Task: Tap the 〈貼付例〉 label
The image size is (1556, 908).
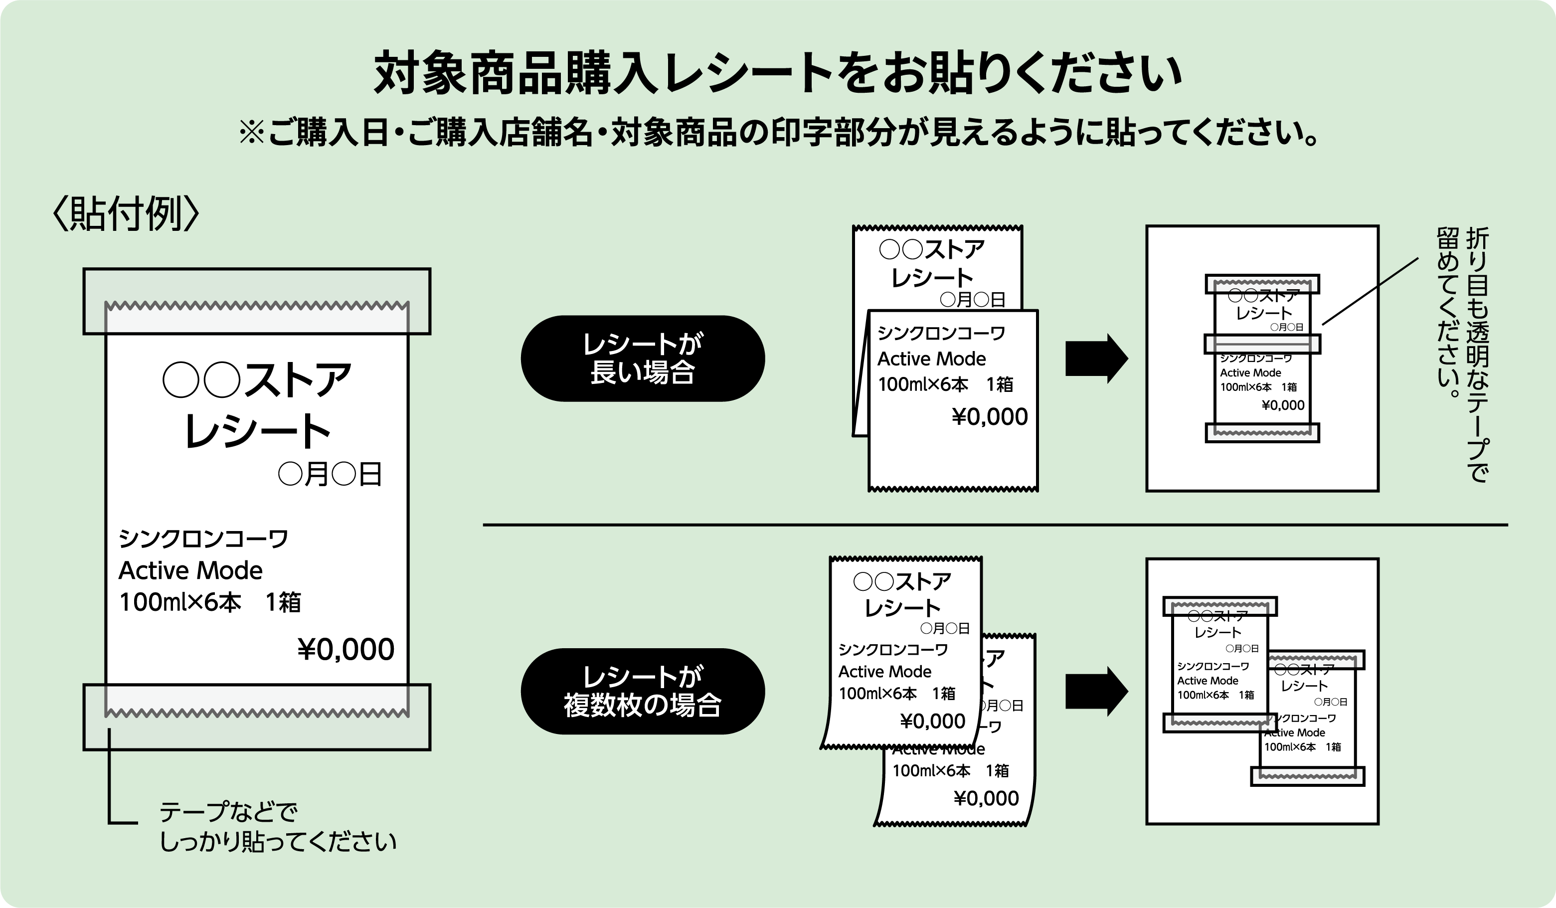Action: pyautogui.click(x=126, y=214)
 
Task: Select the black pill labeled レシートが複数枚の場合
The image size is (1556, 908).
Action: pyautogui.click(x=643, y=691)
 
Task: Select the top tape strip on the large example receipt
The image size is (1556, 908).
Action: pyautogui.click(x=257, y=302)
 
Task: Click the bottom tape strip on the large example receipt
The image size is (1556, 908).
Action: pyautogui.click(x=257, y=717)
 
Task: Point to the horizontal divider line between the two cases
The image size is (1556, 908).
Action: pyautogui.click(x=994, y=525)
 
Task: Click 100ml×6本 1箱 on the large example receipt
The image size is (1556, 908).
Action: pyautogui.click(x=210, y=602)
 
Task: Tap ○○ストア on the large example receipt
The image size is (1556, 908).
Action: pyautogui.click(x=257, y=380)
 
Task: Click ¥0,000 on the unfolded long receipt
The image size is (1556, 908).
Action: pyautogui.click(x=990, y=417)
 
